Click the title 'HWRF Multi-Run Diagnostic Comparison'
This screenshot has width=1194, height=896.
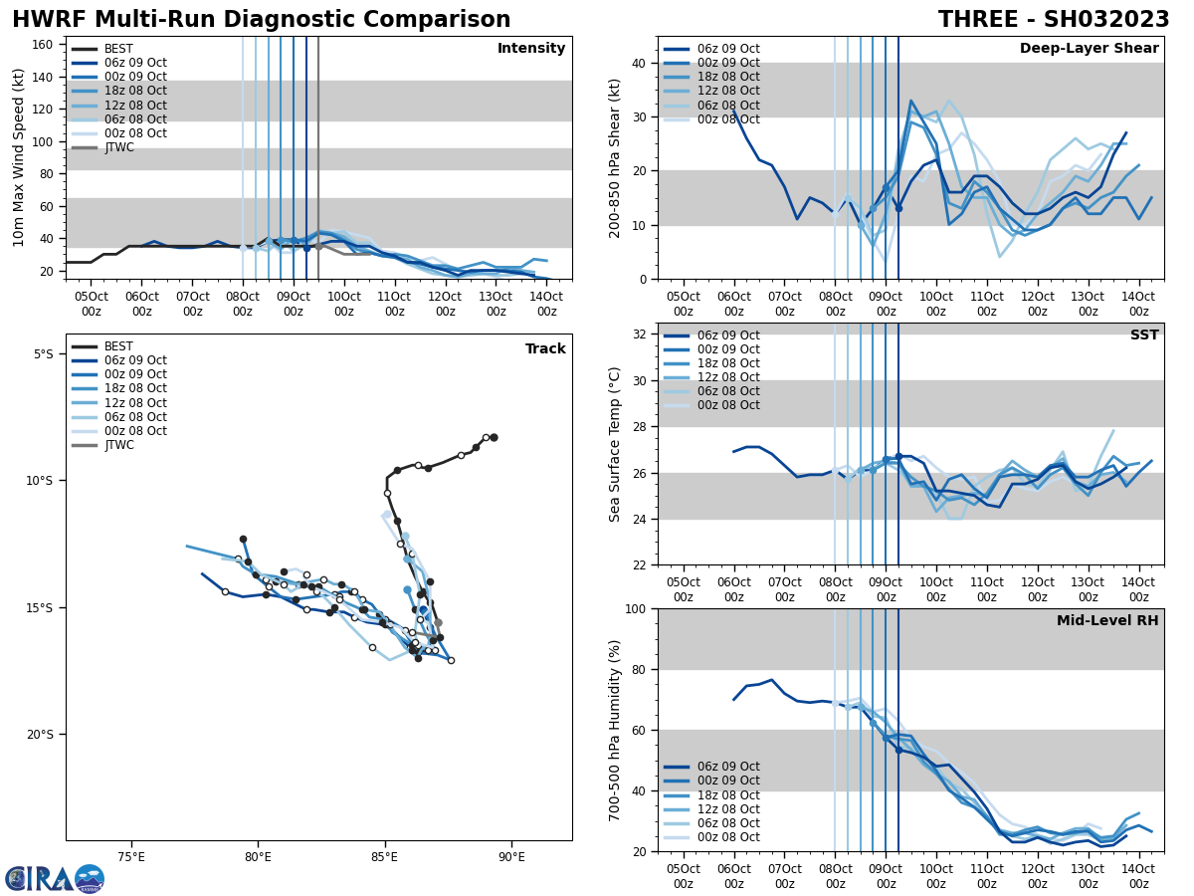coord(261,20)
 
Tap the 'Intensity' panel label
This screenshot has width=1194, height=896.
coord(531,49)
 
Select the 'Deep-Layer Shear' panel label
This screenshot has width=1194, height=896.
coord(1089,49)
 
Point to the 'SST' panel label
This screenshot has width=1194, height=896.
coord(1143,336)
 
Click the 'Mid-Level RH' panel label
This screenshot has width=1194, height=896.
coord(1107,621)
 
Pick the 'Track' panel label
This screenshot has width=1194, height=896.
coord(545,349)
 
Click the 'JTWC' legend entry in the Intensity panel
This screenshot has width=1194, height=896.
coord(118,147)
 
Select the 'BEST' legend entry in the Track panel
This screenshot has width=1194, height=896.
coord(118,346)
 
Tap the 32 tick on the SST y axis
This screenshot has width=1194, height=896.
coord(641,335)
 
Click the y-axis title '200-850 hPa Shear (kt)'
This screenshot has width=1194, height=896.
coord(616,157)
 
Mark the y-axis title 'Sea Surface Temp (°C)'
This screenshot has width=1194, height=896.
coord(616,444)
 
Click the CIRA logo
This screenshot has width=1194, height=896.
coord(54,878)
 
